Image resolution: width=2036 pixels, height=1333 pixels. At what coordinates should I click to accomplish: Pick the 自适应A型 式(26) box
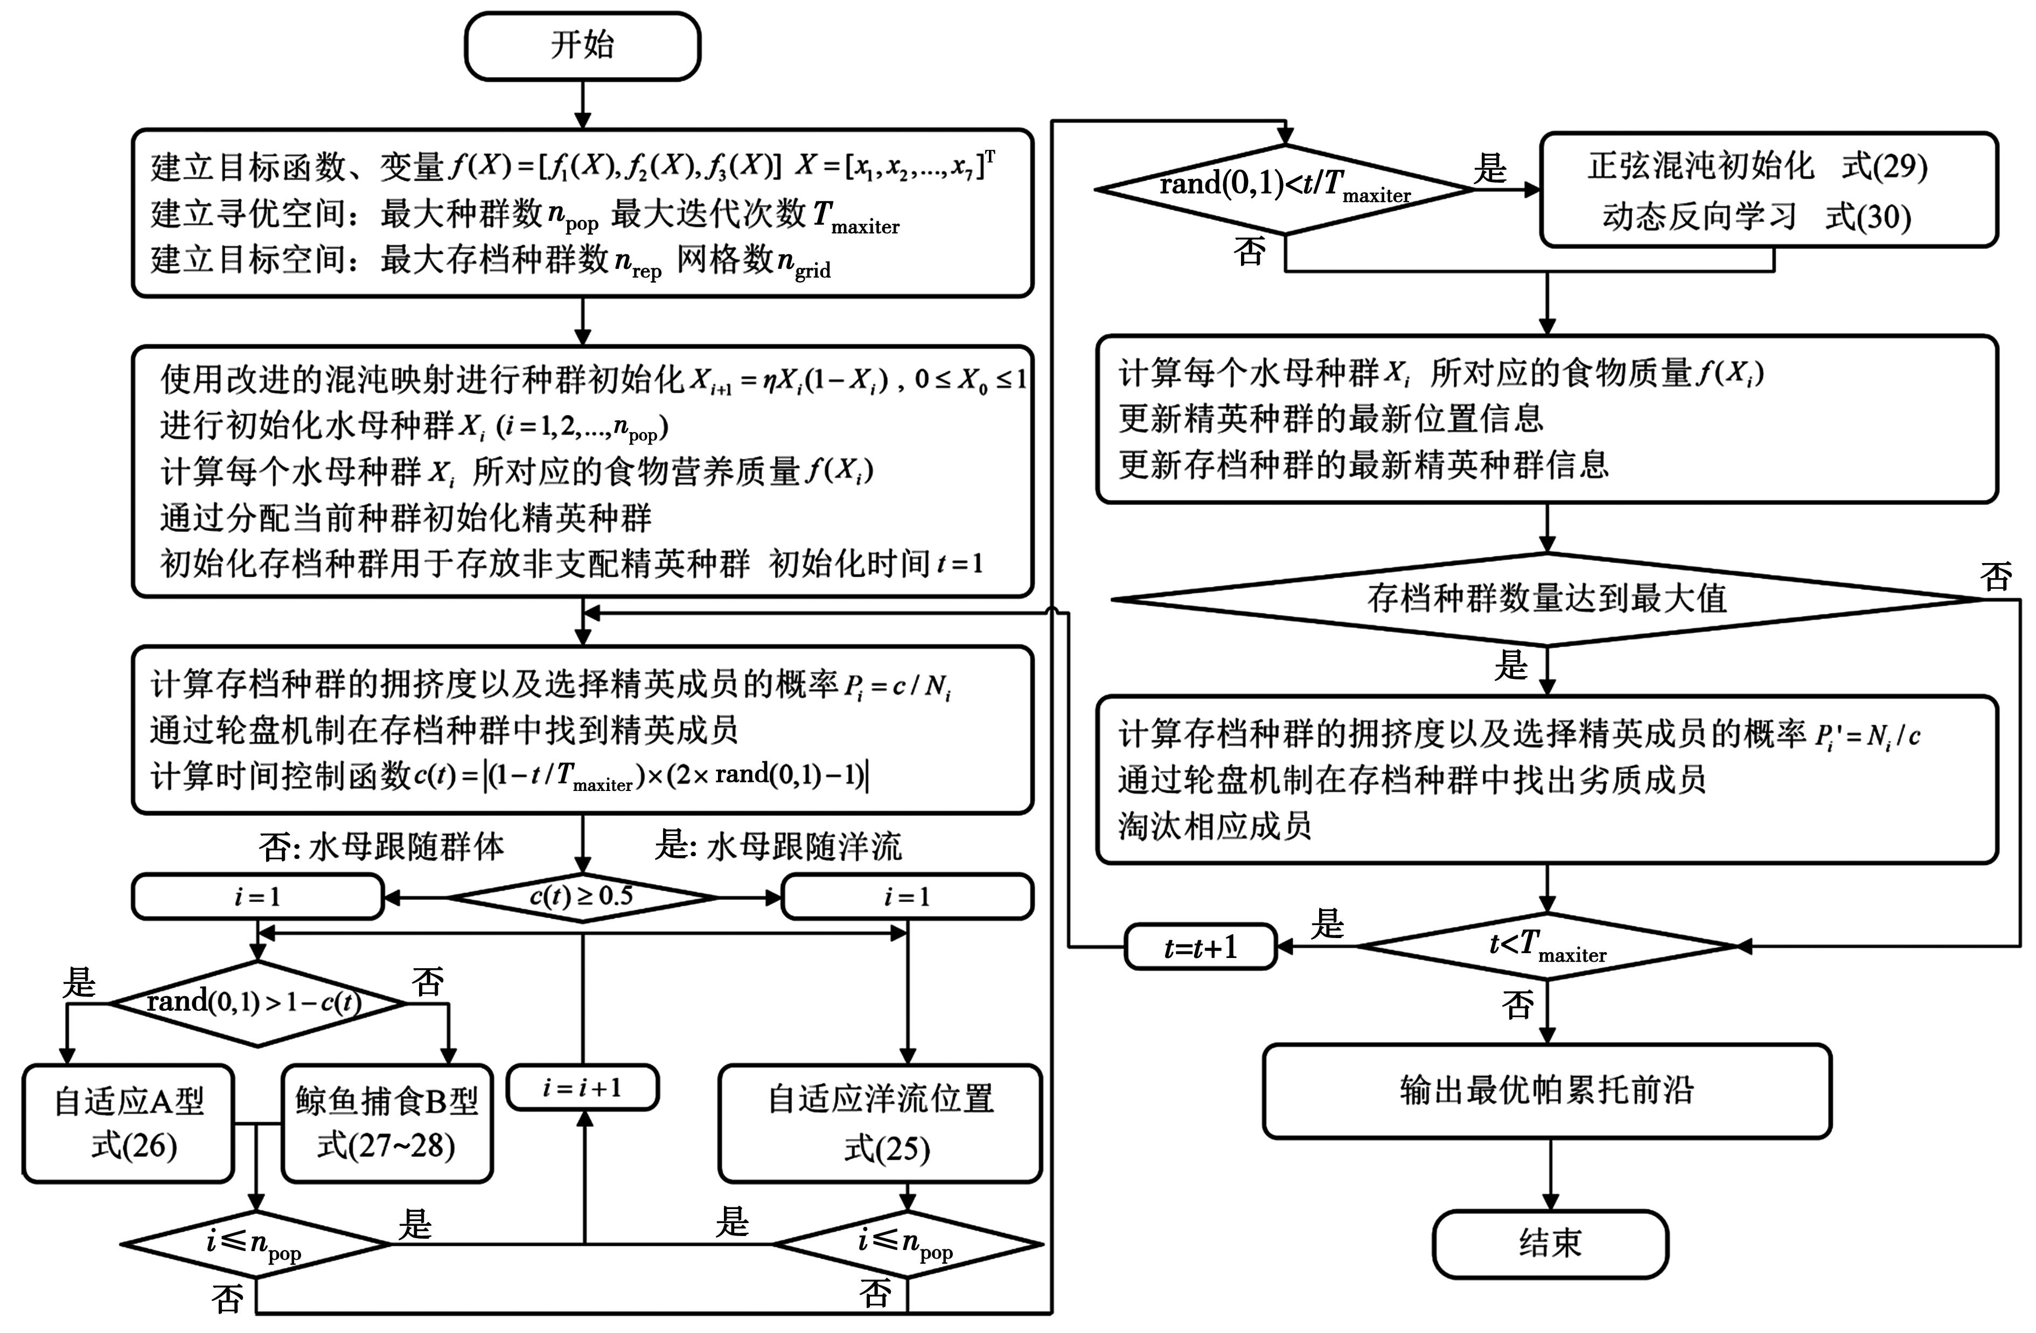[128, 1122]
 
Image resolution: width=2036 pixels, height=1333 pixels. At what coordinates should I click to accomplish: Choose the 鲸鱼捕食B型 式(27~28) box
[387, 1122]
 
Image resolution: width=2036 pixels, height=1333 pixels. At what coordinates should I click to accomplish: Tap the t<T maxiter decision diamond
[1547, 946]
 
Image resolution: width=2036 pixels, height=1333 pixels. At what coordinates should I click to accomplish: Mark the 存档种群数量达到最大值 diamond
[1547, 599]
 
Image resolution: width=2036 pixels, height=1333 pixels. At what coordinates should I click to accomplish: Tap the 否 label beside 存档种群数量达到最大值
[1996, 577]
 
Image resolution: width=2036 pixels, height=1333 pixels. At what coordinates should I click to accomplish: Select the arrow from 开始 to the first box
[583, 105]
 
